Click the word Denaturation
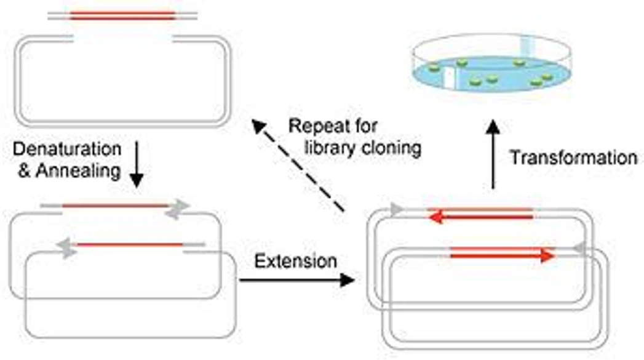[x=68, y=149]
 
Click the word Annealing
[x=79, y=170]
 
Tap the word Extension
[x=296, y=261]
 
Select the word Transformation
[x=573, y=158]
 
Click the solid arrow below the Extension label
[x=297, y=280]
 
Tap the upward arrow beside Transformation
[x=493, y=155]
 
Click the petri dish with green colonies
[x=491, y=63]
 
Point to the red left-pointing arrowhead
[x=435, y=217]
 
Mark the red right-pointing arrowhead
[x=547, y=256]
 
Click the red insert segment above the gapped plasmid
[x=123, y=16]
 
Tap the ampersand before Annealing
[x=24, y=170]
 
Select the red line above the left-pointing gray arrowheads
[x=130, y=245]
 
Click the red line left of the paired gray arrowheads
[x=115, y=206]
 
